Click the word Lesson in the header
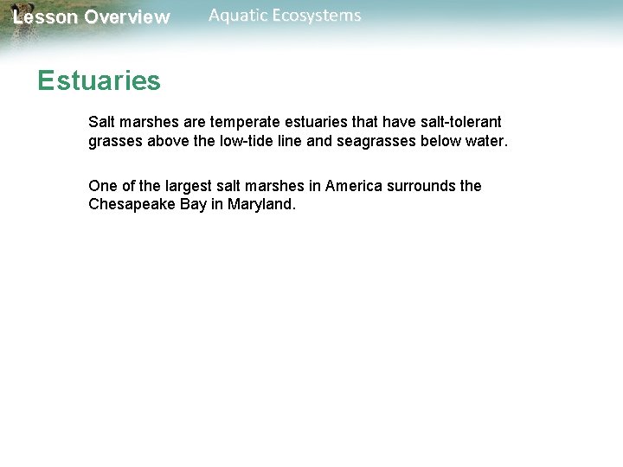(x=44, y=17)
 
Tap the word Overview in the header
(x=127, y=17)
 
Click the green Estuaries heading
(x=99, y=81)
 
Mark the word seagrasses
(x=377, y=141)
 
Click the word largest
(x=184, y=186)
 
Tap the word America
(x=354, y=186)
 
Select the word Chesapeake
(x=133, y=205)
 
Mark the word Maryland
(x=262, y=205)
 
